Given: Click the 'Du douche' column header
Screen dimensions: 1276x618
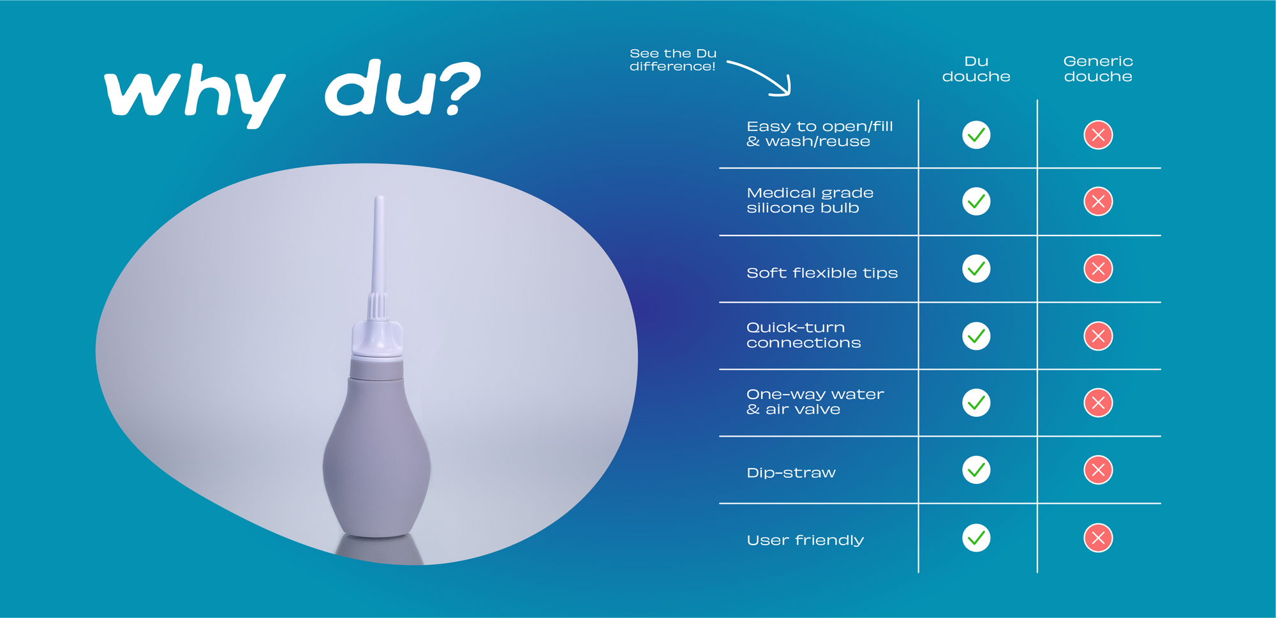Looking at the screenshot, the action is tap(976, 69).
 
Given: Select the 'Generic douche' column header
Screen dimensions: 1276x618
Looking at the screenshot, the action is tap(1098, 69).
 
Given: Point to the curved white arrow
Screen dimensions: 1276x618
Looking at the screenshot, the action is tap(766, 73).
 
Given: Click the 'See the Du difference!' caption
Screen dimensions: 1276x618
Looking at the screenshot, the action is tap(673, 60).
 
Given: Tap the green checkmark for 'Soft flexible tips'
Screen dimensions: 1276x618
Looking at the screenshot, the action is tap(976, 269).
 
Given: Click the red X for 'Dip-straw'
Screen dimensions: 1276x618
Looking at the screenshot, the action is tap(1098, 471).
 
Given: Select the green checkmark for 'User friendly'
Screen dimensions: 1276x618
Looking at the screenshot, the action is tap(976, 538).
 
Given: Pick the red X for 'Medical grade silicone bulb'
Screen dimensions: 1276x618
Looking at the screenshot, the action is tap(1098, 202).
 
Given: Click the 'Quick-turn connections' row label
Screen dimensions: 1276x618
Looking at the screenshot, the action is tap(803, 335).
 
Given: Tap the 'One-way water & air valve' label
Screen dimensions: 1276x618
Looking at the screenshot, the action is tap(815, 402).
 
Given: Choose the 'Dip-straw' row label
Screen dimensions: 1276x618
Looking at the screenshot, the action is tap(791, 473).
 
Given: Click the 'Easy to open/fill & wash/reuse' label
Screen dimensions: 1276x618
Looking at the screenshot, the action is tap(819, 134).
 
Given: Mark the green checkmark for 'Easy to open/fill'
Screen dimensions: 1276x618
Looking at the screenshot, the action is tap(976, 135).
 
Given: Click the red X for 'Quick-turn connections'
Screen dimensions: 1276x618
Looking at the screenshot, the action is tap(1098, 336).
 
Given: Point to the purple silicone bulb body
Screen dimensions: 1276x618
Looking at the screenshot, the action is tap(376, 453).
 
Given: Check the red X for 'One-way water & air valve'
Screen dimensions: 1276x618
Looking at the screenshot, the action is tap(1098, 403).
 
